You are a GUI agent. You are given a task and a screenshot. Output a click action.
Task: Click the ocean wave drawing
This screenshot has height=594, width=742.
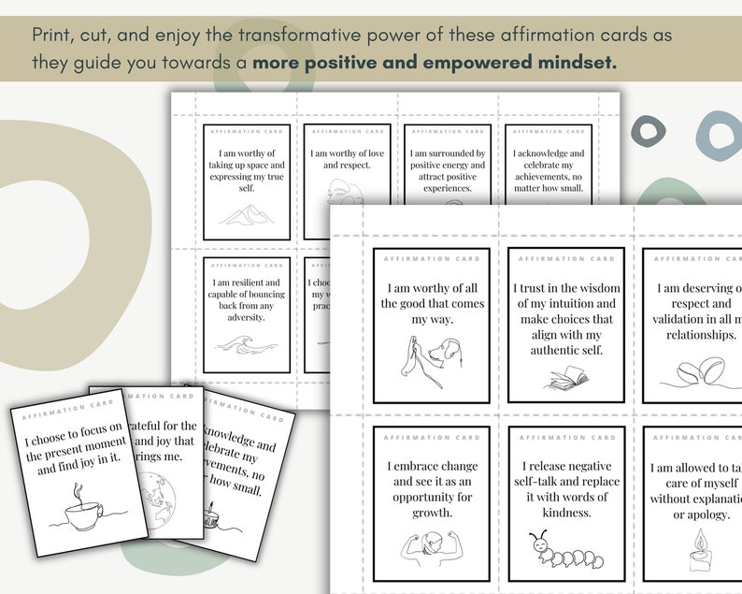click(247, 353)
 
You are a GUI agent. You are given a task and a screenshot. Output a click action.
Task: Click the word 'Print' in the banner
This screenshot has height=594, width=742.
click(52, 35)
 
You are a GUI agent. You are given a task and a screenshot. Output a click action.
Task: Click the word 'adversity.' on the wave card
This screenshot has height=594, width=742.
click(246, 316)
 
